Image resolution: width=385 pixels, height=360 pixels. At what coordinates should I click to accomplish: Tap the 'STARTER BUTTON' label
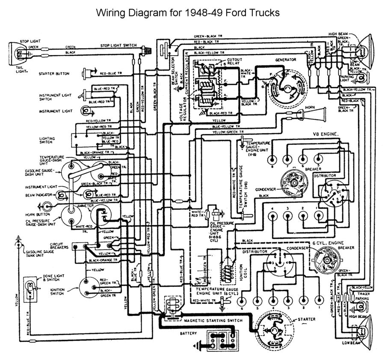click(x=54, y=74)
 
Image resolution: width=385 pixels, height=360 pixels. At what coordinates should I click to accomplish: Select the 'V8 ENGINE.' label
click(x=326, y=134)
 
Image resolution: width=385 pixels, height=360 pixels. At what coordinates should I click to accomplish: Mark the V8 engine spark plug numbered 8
click(x=272, y=159)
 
